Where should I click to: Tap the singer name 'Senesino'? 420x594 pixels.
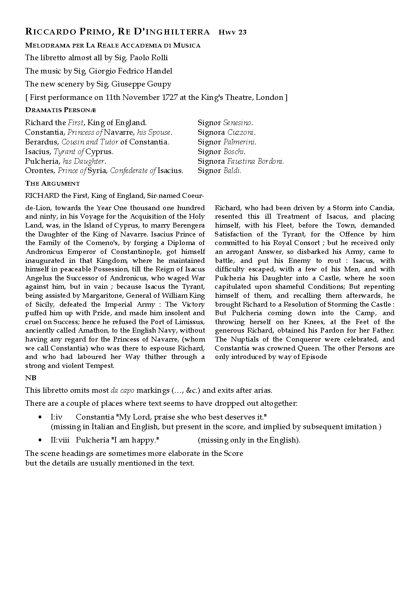click(x=238, y=123)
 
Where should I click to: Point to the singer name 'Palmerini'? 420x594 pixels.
click(x=240, y=142)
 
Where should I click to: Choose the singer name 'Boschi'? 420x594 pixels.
click(x=234, y=151)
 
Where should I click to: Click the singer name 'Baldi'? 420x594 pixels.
click(x=232, y=171)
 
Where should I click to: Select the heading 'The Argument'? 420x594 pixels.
click(x=52, y=183)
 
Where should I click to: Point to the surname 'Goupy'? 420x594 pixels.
click(x=160, y=84)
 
